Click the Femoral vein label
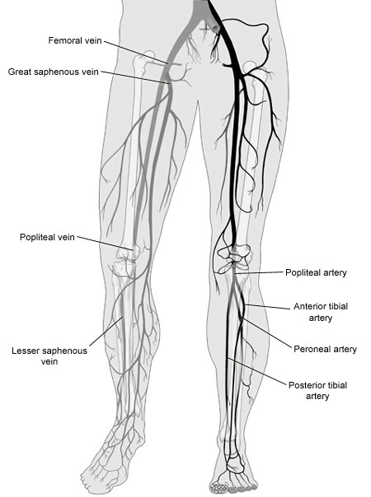tap(75, 40)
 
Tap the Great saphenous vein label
tap(54, 72)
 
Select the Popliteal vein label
tap(47, 237)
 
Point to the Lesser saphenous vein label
tap(49, 356)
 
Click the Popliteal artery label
tap(316, 272)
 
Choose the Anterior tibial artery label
tap(321, 312)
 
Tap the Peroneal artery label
tap(325, 349)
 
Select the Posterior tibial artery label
tap(317, 391)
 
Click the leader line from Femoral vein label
tap(136, 52)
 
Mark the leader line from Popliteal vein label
tap(104, 243)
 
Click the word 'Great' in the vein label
tap(20, 72)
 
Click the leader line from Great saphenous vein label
tap(135, 77)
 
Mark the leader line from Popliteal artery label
tap(259, 272)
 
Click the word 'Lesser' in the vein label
tap(26, 351)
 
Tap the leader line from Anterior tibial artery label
tap(267, 306)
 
